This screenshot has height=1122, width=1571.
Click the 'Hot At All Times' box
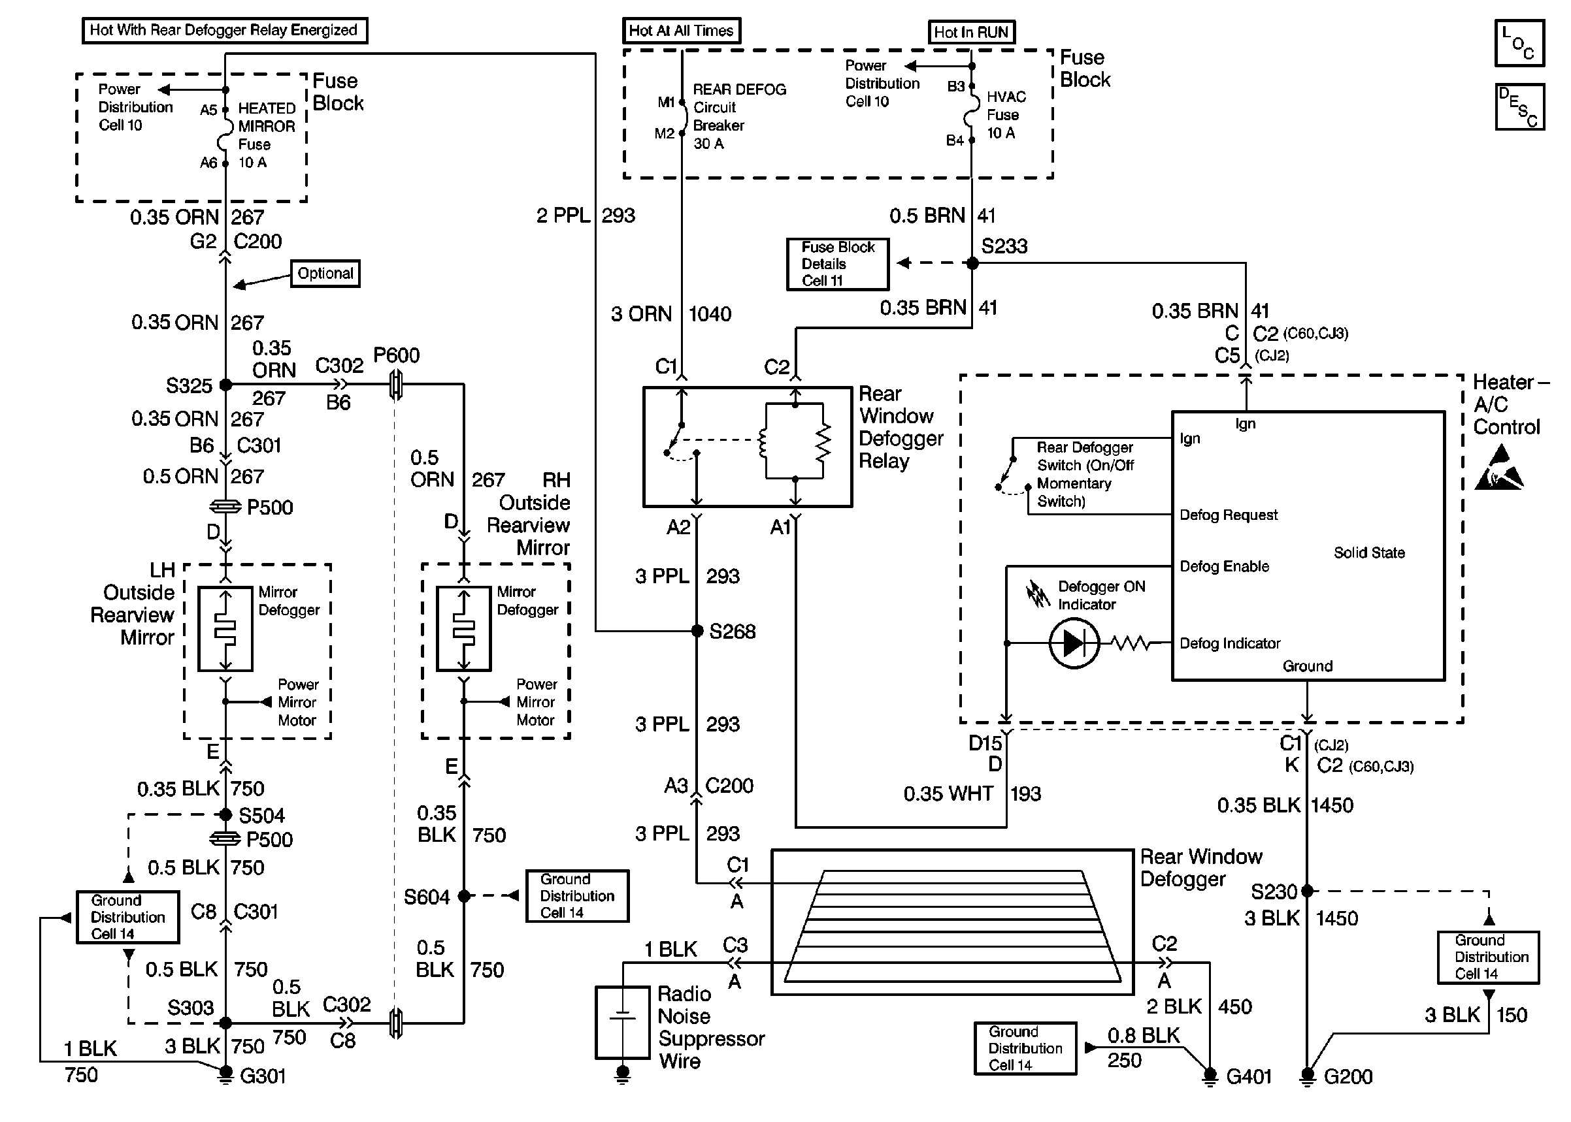click(x=681, y=31)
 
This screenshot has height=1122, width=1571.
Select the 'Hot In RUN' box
click(x=971, y=33)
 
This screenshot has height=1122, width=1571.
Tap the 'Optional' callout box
click(x=325, y=274)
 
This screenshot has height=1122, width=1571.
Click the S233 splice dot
click(x=972, y=263)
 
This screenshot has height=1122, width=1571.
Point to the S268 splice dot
click(x=697, y=631)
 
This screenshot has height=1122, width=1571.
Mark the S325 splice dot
click(x=225, y=385)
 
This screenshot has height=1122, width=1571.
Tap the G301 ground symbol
click(x=225, y=1074)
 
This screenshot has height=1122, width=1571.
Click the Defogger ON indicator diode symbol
click(x=1074, y=643)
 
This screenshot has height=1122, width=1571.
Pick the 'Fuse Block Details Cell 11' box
click(x=838, y=264)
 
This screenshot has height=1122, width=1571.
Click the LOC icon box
click(x=1519, y=43)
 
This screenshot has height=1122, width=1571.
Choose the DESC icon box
click(x=1519, y=107)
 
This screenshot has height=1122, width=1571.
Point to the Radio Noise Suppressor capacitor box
click(x=622, y=1023)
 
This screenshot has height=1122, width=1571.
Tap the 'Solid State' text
click(x=1368, y=553)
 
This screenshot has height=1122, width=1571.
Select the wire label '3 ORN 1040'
click(x=670, y=314)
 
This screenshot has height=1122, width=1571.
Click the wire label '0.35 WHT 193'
click(x=972, y=794)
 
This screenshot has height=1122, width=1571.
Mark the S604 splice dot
click(x=464, y=896)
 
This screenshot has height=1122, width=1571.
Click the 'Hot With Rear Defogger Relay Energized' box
click(x=225, y=31)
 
